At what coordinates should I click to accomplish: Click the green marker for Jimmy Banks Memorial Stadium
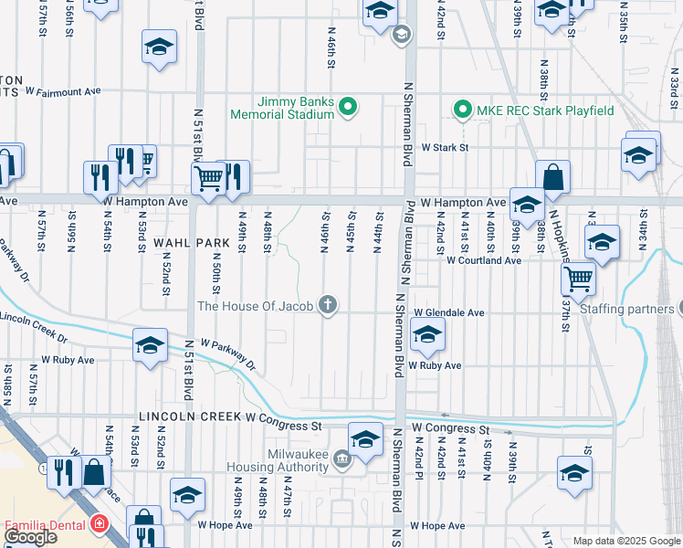tap(348, 109)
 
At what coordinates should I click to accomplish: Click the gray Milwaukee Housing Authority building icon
tap(341, 457)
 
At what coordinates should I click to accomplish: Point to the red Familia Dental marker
tap(97, 526)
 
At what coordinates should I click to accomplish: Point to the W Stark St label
tap(444, 146)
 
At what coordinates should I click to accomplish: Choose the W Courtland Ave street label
tap(483, 260)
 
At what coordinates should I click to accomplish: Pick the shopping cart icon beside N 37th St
tap(579, 278)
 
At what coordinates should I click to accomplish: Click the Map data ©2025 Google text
tap(625, 541)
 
